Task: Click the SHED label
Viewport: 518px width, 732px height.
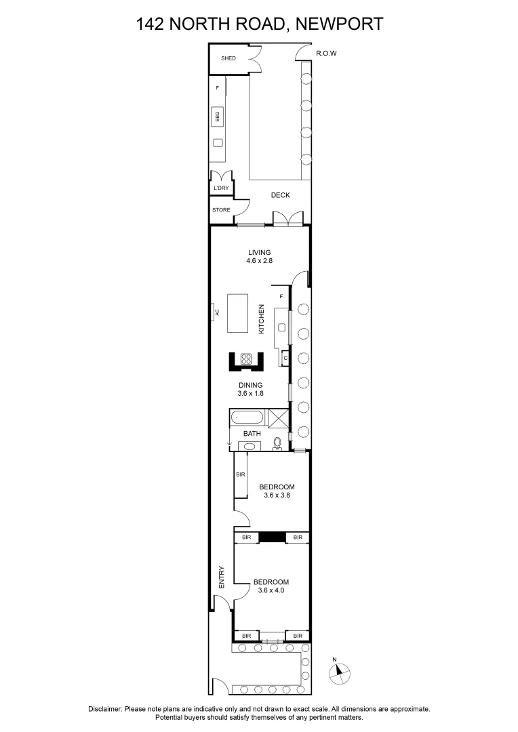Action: point(228,59)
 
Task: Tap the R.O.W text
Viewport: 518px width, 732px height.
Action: point(327,54)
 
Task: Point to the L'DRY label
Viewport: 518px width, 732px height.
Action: point(221,188)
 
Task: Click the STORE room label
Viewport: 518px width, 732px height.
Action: point(221,210)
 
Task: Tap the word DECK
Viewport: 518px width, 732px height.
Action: point(280,195)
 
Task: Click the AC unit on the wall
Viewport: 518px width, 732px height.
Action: point(217,312)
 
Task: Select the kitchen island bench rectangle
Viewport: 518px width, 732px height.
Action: point(238,313)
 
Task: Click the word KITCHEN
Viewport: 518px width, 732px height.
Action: point(261,319)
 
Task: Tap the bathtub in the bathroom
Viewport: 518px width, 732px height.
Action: point(249,418)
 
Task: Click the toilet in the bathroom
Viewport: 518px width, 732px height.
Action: point(276,444)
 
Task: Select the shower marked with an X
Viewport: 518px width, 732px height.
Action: point(279,418)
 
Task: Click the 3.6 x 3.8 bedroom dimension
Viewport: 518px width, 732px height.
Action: point(277,495)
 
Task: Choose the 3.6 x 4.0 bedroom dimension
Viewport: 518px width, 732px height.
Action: point(271,590)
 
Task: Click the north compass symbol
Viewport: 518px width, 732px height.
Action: point(339,671)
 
